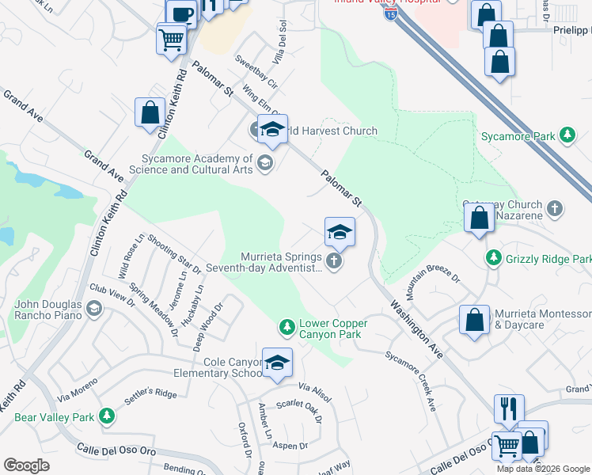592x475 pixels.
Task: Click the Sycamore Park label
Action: click(x=518, y=136)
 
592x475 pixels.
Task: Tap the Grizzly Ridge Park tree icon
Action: click(x=494, y=258)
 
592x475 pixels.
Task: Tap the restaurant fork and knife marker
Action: click(x=510, y=408)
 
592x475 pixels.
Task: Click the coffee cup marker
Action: click(x=181, y=14)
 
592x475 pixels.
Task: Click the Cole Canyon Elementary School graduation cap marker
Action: click(x=277, y=363)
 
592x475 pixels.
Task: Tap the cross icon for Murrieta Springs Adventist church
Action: click(x=334, y=260)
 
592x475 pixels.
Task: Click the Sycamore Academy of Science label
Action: click(x=197, y=164)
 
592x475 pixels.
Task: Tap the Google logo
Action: click(x=27, y=465)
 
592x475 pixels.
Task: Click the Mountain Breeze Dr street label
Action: click(x=434, y=275)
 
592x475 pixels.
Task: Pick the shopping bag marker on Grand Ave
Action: click(x=150, y=112)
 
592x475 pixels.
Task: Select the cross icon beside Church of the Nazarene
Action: click(x=555, y=209)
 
